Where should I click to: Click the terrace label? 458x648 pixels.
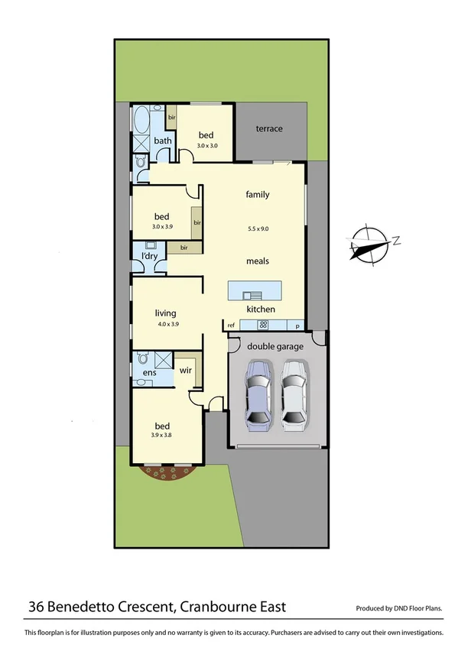tap(268, 128)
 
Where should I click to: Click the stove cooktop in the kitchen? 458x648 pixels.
tap(262, 325)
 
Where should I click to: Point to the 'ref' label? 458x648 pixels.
tap(231, 326)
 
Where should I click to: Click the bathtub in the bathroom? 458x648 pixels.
tap(142, 121)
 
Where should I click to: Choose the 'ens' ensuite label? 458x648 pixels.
tap(149, 373)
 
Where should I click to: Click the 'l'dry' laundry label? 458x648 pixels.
tap(149, 256)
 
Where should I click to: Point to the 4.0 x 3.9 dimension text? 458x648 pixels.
tap(166, 324)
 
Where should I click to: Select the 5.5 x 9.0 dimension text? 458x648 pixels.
tap(258, 228)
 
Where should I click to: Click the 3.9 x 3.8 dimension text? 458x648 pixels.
tap(162, 436)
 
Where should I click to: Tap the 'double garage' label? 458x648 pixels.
tap(275, 346)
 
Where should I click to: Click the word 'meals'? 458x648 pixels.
tap(257, 261)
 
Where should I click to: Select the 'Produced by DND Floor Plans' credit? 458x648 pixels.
tap(398, 609)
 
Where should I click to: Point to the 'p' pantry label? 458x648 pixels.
tap(297, 326)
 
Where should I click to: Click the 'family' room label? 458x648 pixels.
tap(257, 194)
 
